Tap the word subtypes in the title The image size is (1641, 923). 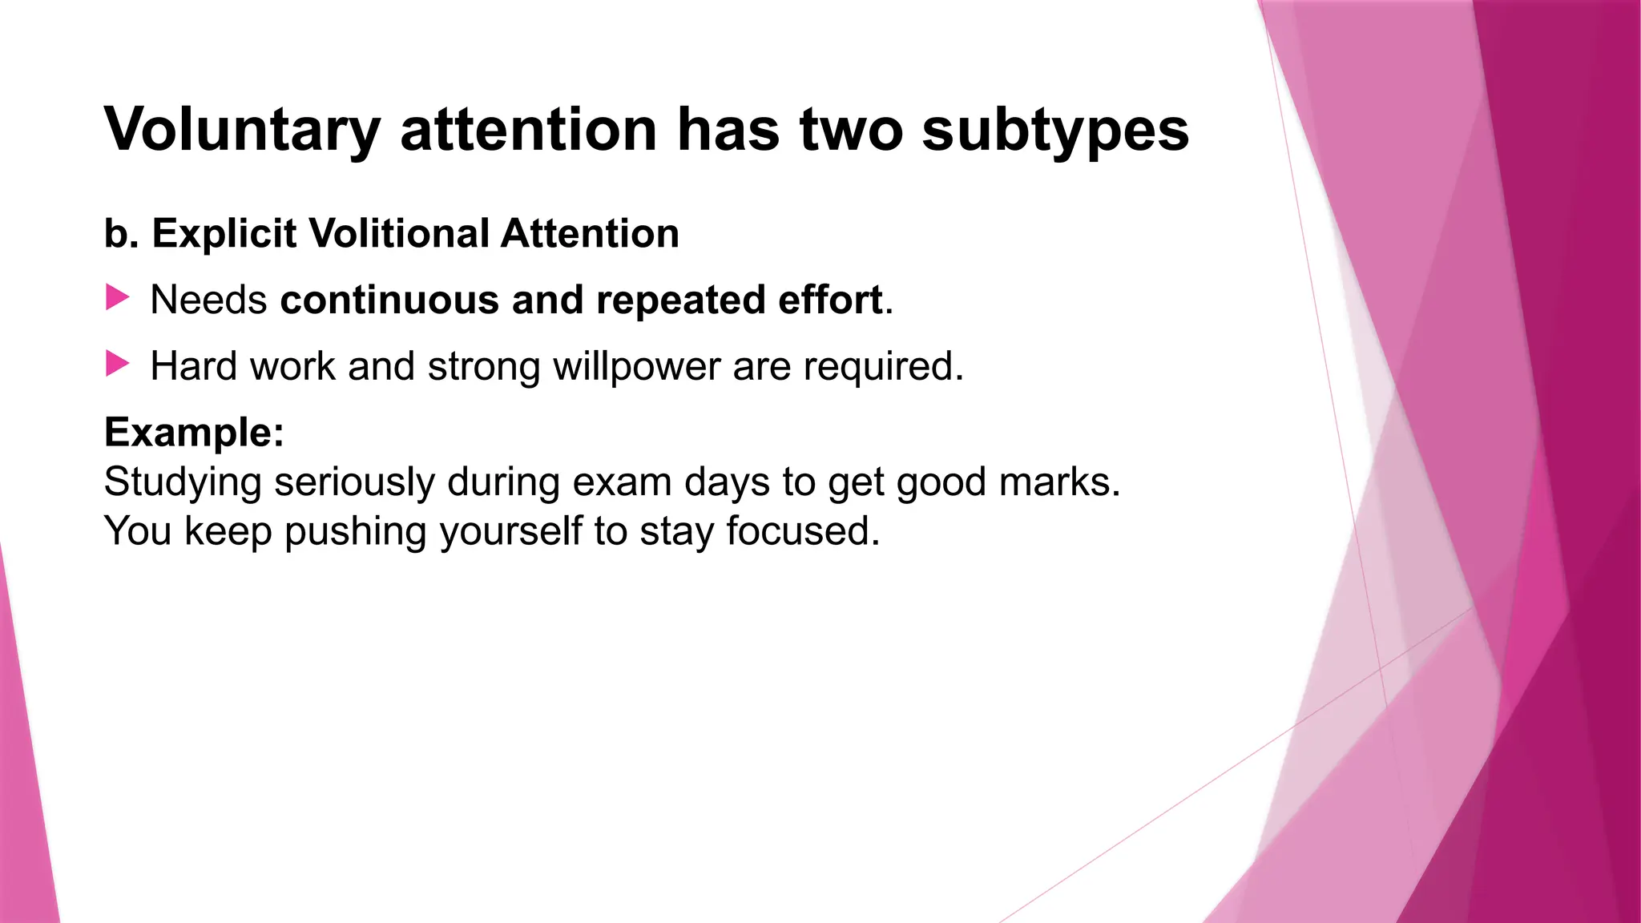pos(1055,130)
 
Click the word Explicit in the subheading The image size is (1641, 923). pos(224,234)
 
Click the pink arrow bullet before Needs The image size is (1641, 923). pos(117,298)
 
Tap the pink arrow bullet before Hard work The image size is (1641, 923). pos(117,365)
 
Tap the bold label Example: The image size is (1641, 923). pos(194,433)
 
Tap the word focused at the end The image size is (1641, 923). pos(802,531)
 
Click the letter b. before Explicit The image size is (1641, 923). pos(120,234)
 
